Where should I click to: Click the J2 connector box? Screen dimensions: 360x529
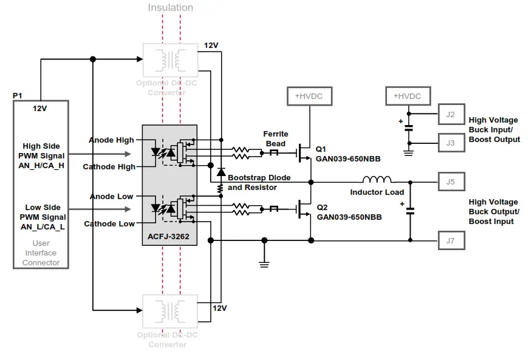pyautogui.click(x=451, y=114)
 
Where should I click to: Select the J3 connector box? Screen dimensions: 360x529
pyautogui.click(x=451, y=143)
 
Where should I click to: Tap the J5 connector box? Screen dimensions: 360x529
pyautogui.click(x=451, y=181)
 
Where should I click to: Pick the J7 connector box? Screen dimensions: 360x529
pyautogui.click(x=451, y=240)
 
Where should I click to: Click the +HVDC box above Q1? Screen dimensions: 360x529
pyautogui.click(x=309, y=96)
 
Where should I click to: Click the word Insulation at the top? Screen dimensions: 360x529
pyautogui.click(x=171, y=8)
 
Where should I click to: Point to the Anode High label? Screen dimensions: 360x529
pyautogui.click(x=111, y=140)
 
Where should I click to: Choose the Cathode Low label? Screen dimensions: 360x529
pyautogui.click(x=109, y=224)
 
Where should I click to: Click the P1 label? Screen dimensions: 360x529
pyautogui.click(x=18, y=96)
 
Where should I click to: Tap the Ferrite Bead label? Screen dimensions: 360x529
pyautogui.click(x=276, y=138)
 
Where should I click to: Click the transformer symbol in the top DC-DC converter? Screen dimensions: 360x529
pyautogui.click(x=169, y=59)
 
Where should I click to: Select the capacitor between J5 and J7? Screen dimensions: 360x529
pyautogui.click(x=410, y=211)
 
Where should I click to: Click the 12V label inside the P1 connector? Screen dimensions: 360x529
pyautogui.click(x=40, y=108)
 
